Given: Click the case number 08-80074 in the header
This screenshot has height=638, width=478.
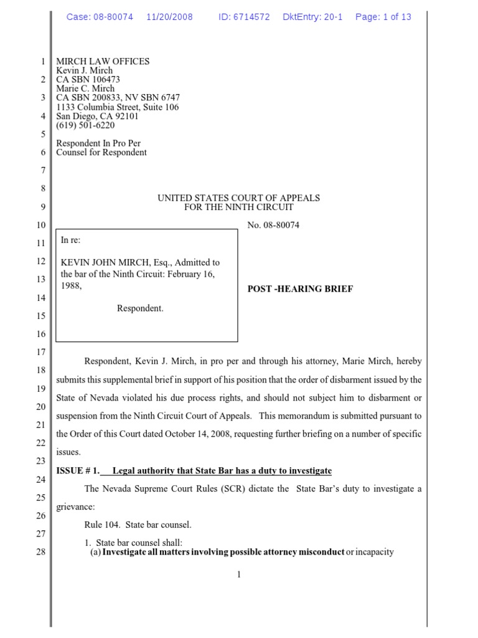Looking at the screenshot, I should (113, 17).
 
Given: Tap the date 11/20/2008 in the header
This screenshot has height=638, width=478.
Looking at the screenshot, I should (170, 17).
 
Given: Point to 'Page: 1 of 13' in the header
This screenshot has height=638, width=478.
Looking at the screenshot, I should (383, 17).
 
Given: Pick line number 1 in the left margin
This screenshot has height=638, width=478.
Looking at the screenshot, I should (42, 62).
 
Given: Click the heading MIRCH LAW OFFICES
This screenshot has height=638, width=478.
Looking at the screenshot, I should (103, 61).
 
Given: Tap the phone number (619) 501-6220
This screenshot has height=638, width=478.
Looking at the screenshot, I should (85, 125).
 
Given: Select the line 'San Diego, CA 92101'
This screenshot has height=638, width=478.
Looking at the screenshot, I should (98, 116).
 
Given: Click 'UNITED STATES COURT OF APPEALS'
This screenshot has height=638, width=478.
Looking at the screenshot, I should (238, 198).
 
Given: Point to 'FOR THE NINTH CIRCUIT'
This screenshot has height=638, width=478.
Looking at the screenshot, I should (238, 207).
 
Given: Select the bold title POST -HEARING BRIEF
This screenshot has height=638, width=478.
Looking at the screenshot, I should (300, 289).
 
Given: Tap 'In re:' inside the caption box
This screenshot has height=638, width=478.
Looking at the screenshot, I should (71, 240).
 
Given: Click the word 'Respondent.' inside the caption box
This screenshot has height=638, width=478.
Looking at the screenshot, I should (140, 308).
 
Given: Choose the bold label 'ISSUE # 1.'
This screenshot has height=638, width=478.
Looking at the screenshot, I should (78, 470).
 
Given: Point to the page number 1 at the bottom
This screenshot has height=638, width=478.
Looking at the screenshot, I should (238, 574).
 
